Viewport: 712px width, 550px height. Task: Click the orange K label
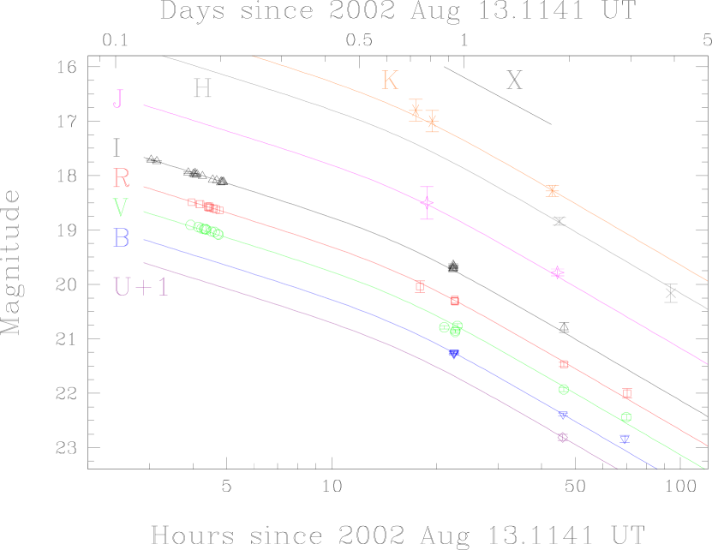click(390, 81)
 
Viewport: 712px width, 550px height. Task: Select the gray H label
click(202, 88)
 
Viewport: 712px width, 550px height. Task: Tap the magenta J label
click(118, 99)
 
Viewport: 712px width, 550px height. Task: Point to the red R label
click(122, 178)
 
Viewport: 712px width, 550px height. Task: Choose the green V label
click(121, 208)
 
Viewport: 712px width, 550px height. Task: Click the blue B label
click(122, 238)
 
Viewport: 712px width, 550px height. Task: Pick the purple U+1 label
click(141, 287)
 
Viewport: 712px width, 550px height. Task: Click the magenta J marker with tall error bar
click(427, 203)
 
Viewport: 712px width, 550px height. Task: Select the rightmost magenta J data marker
click(558, 272)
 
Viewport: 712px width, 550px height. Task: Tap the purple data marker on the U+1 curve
click(562, 437)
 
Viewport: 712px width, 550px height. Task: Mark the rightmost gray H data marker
click(671, 293)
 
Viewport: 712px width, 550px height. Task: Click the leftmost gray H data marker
click(559, 221)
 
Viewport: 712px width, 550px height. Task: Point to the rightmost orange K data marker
click(552, 190)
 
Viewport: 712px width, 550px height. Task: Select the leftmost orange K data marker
click(416, 110)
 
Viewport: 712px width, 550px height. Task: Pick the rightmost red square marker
click(627, 393)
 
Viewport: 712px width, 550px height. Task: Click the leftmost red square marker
click(191, 202)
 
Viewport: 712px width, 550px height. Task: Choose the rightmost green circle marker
click(626, 417)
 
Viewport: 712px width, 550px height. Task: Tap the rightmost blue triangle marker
click(625, 439)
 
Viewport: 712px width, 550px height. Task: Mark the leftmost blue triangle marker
click(454, 353)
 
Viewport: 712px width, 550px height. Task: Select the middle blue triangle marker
click(563, 415)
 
